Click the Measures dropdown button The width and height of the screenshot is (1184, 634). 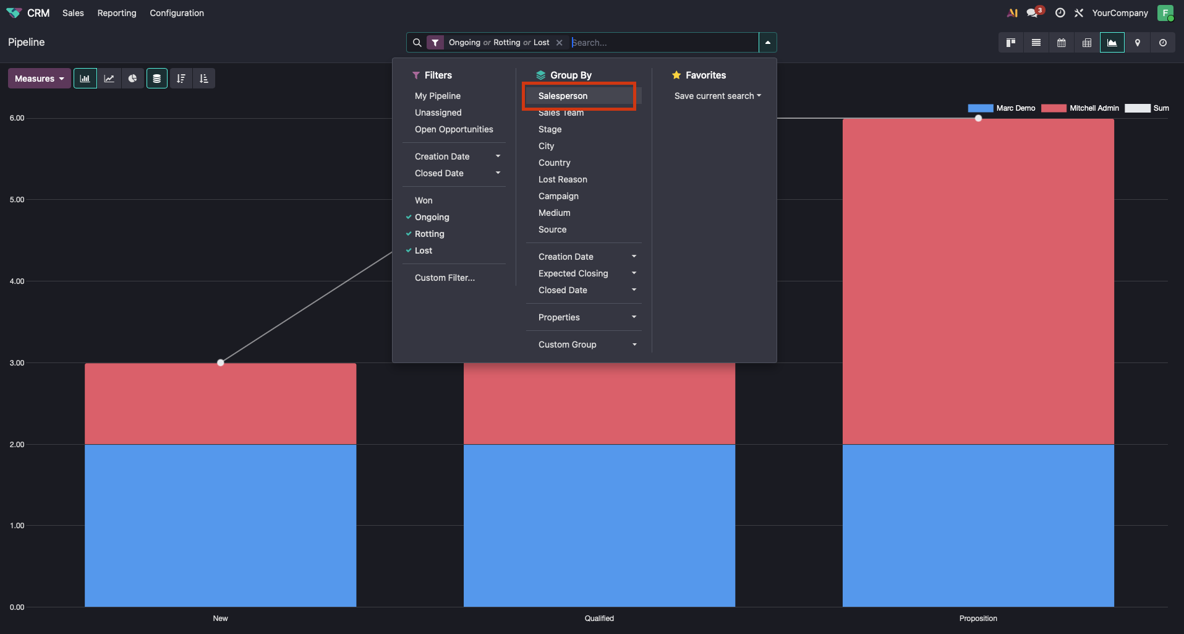(x=40, y=79)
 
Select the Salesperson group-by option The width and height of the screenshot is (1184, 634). (x=563, y=96)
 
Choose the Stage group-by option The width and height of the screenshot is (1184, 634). (x=550, y=129)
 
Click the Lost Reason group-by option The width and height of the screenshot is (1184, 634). (x=563, y=179)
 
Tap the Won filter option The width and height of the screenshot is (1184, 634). (x=424, y=200)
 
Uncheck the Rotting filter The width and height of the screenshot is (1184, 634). (x=429, y=234)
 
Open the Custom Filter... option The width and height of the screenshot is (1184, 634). (x=445, y=278)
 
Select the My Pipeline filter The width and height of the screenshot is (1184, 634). (x=437, y=96)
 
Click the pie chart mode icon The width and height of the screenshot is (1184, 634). (x=133, y=79)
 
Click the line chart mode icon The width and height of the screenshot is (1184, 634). (x=109, y=79)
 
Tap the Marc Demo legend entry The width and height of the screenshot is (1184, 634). (x=1002, y=108)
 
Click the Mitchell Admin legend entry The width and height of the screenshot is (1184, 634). (x=1081, y=108)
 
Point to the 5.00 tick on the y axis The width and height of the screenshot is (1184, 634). (x=17, y=200)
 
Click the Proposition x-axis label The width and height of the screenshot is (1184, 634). (x=978, y=619)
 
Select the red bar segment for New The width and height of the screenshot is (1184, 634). (x=220, y=403)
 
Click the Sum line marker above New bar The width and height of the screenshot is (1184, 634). (x=221, y=363)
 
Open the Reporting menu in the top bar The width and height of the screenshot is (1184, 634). (x=117, y=13)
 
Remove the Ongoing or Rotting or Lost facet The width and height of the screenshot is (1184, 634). (x=560, y=43)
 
